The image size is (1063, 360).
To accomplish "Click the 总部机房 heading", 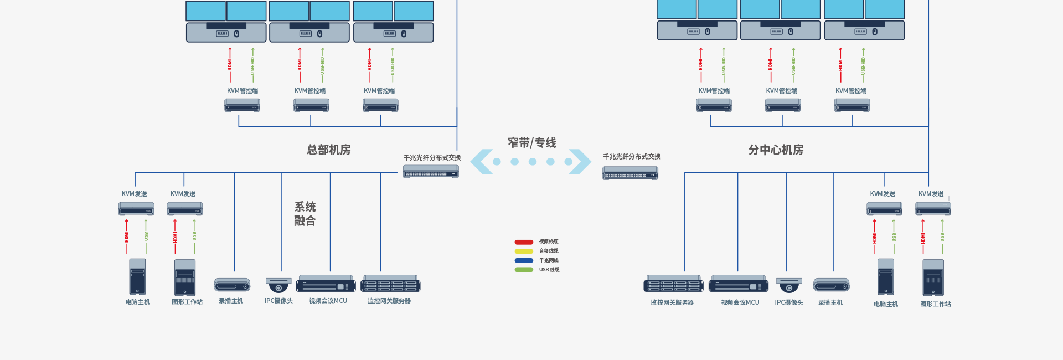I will coord(329,150).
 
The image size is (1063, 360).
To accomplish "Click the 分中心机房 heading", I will coord(776,150).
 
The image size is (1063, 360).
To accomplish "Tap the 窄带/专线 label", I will coord(532,143).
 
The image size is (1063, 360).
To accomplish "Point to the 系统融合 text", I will coord(305,214).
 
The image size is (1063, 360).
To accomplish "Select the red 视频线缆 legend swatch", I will coord(524,242).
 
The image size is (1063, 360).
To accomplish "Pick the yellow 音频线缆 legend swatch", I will coord(524,251).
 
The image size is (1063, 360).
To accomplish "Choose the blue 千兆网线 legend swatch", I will coord(524,260).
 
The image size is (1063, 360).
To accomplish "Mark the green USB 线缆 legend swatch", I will coord(524,270).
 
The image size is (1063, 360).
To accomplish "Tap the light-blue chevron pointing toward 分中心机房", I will coord(581,162).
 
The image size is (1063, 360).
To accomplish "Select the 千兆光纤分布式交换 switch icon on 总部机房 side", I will coord(431,172).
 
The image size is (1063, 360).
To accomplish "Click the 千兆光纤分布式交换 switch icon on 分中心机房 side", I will coord(630,173).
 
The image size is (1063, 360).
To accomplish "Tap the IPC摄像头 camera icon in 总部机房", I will coord(278,285).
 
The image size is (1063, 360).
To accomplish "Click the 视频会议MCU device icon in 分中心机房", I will coord(739,284).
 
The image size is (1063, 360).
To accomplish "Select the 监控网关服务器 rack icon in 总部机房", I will coord(390,284).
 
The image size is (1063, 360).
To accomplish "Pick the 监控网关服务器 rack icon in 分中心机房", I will coord(673,284).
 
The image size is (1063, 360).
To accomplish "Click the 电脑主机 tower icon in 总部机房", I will coord(137,277).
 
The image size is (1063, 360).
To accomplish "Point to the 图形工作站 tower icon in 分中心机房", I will coord(933,278).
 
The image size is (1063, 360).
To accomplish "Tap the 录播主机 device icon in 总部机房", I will coord(232,285).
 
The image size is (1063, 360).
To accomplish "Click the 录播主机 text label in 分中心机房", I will coord(830,302).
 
